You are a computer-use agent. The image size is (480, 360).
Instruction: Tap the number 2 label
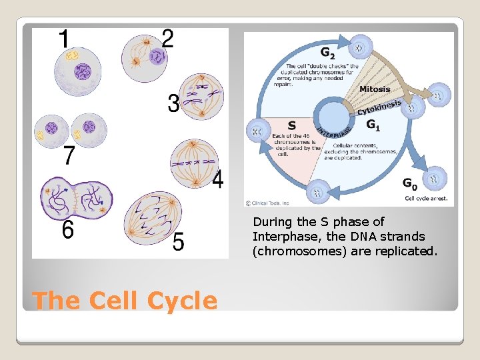[167, 38]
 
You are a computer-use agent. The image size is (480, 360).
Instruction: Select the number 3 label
[173, 103]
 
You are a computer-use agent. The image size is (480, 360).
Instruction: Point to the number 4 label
[217, 179]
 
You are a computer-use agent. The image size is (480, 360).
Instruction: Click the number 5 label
[179, 242]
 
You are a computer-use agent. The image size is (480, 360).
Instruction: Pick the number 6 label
[67, 230]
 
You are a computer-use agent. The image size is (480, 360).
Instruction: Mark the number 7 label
[69, 156]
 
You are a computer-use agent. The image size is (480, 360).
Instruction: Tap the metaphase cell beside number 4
[194, 163]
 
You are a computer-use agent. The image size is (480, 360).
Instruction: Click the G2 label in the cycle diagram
[327, 52]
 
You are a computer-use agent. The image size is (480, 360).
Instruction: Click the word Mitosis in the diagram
[375, 89]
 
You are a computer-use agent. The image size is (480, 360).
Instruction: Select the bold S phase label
[291, 125]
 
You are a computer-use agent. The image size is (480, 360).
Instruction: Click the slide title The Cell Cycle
[124, 301]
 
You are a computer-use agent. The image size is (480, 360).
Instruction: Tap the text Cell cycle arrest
[427, 198]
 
